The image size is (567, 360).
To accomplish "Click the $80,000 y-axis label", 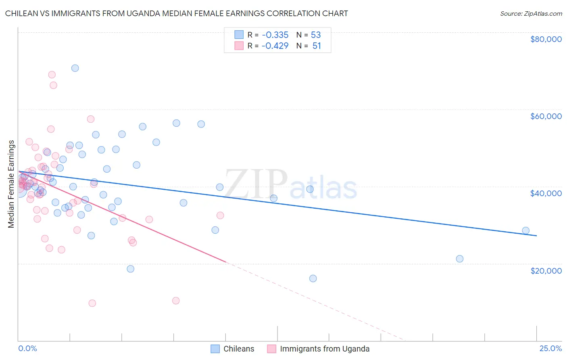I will point(546,39).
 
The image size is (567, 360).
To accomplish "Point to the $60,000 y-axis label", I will point(546,116).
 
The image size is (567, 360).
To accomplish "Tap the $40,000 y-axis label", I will point(546,193).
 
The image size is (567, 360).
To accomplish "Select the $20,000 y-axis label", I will point(546,270).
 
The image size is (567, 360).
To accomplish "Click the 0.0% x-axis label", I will point(27,348).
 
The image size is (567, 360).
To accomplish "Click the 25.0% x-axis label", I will point(550,348).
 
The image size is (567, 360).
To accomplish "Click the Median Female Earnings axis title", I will point(11,184).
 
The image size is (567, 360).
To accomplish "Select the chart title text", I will point(176,13).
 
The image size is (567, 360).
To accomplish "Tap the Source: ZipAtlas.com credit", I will point(531,13).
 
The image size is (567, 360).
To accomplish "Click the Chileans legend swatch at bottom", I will point(215,349).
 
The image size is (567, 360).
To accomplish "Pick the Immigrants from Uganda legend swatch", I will point(272,349).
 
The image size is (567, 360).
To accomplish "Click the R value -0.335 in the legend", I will point(275,35).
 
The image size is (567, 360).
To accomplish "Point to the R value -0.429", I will point(275,46).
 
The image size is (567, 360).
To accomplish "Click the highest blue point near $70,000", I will point(75,68).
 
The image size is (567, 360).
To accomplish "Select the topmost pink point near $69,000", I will point(52,75).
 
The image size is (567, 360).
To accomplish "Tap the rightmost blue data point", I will point(525,230).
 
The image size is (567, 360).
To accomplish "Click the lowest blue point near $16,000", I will point(313,278).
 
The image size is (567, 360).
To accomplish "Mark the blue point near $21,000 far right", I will point(460,259).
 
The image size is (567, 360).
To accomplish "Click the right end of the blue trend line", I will point(536,235).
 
